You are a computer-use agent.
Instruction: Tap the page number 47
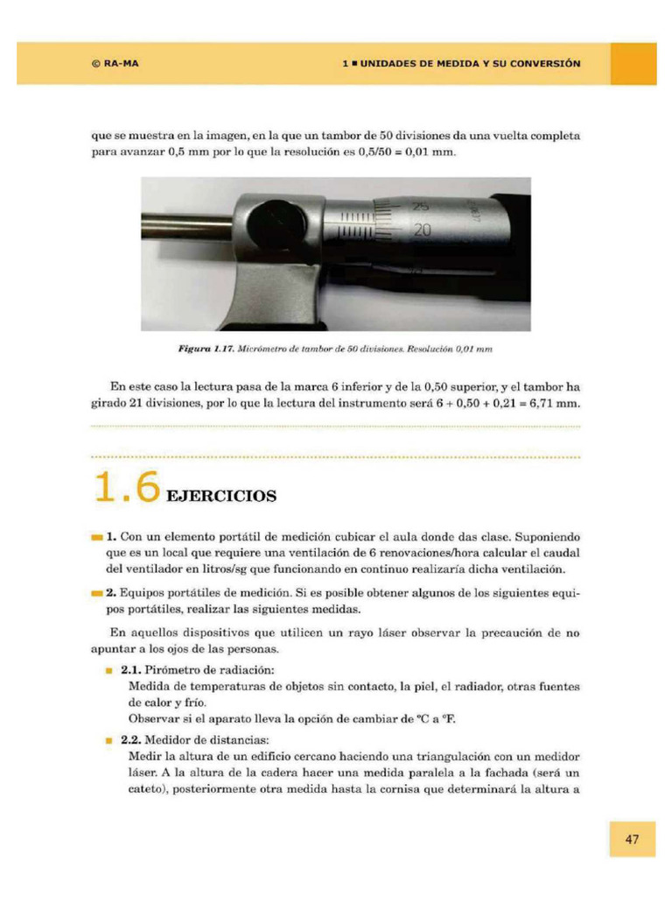tap(632, 839)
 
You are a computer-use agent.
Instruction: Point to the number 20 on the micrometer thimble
tap(423, 230)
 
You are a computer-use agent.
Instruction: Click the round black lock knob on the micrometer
tap(270, 225)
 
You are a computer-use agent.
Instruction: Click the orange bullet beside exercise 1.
tap(95, 536)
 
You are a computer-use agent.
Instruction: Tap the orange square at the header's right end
tap(633, 64)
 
